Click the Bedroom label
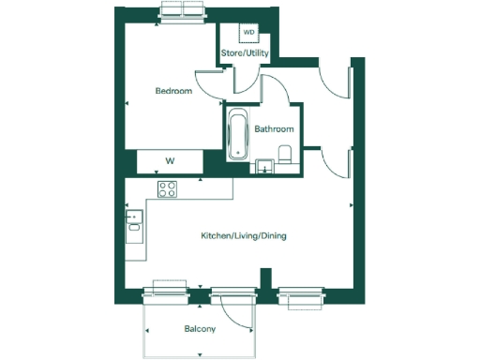coord(173,91)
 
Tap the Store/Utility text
coord(245,53)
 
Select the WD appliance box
coord(248,33)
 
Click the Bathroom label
coord(275,129)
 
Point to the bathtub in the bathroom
coord(238,135)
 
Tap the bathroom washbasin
coord(266,168)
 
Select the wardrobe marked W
coord(170,161)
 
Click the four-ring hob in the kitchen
coord(168,189)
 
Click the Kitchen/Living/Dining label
coord(244,235)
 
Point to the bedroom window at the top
coord(183,11)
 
